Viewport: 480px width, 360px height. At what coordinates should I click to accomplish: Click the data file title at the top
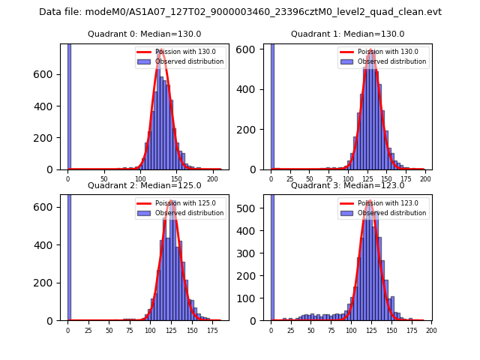[x=240, y=12]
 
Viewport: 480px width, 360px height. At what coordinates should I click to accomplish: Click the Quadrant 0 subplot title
[x=142, y=34]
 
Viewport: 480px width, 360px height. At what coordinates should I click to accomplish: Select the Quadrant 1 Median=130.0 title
[x=347, y=34]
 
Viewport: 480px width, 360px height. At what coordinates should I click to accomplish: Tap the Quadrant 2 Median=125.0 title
[x=142, y=185]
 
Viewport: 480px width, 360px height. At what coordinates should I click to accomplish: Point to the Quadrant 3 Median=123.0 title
[x=347, y=185]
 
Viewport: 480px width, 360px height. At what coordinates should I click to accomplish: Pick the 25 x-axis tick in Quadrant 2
[x=88, y=330]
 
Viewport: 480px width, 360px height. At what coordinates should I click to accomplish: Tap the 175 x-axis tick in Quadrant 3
[x=410, y=330]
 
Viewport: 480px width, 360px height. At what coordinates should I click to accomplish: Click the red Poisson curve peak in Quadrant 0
[x=160, y=50]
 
